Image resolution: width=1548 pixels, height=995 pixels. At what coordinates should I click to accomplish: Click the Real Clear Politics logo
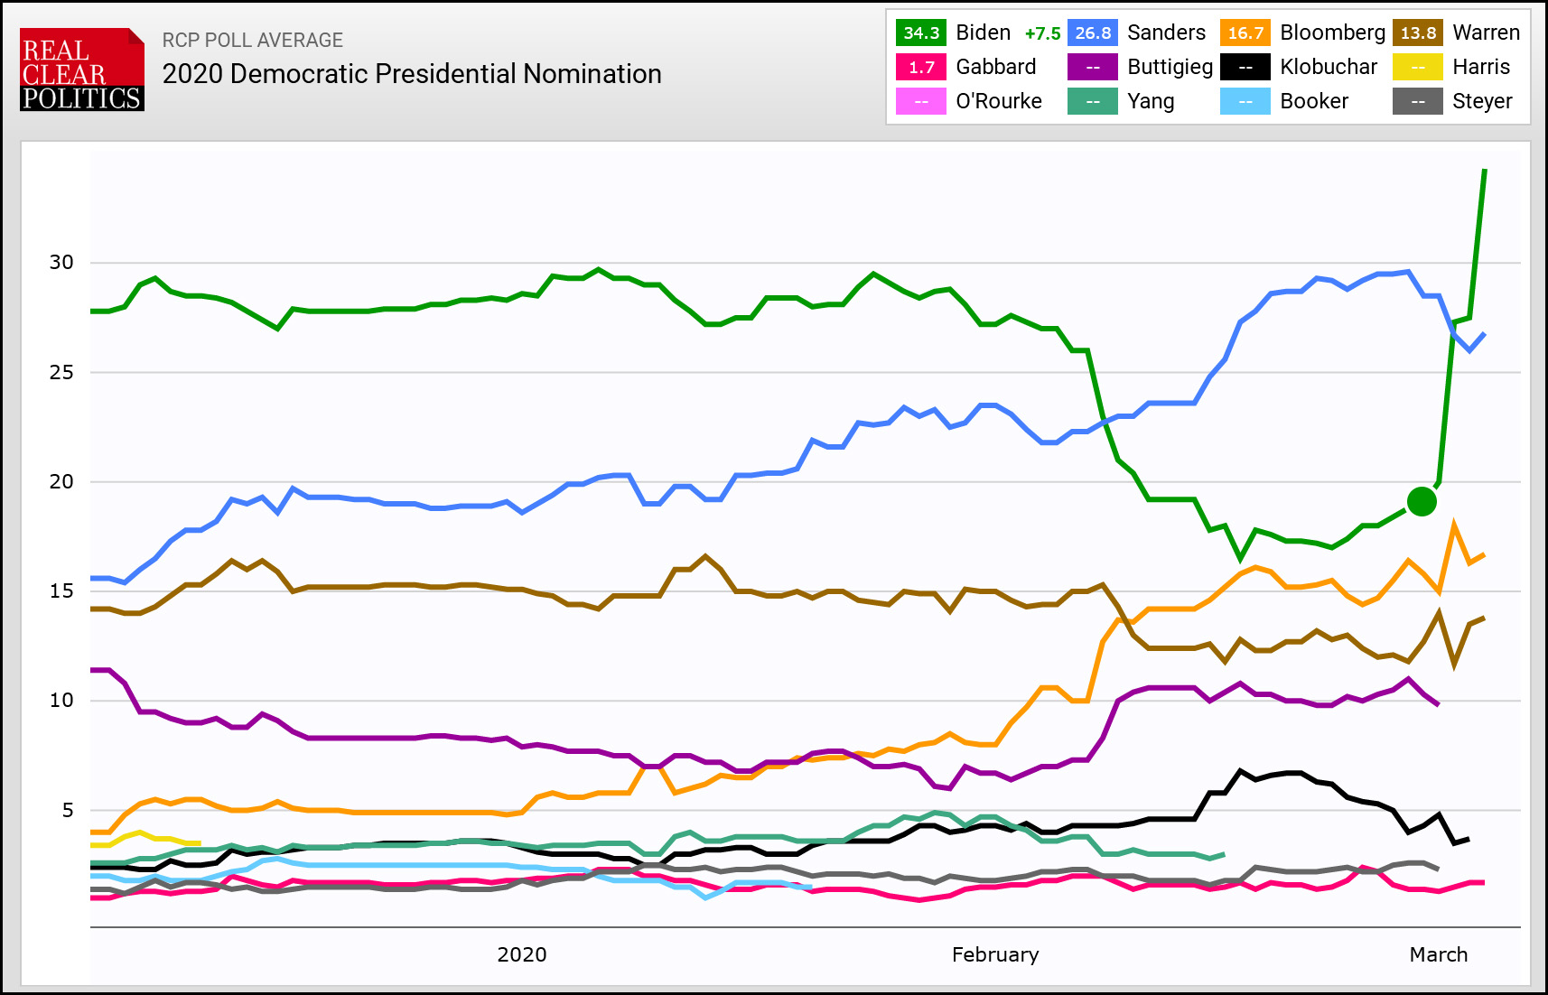pyautogui.click(x=82, y=70)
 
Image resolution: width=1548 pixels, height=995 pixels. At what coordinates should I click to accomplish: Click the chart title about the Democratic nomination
pyautogui.click(x=412, y=74)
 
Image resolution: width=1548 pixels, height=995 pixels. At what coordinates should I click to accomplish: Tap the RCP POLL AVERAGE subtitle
pyautogui.click(x=253, y=41)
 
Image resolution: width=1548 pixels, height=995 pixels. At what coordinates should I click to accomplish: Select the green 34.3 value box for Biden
pyautogui.click(x=920, y=33)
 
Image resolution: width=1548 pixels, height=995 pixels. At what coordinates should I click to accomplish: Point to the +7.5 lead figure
pyautogui.click(x=1042, y=33)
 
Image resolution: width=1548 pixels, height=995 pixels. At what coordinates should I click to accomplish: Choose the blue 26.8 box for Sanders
pyautogui.click(x=1092, y=33)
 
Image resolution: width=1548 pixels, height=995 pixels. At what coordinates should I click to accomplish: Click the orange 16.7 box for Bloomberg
pyautogui.click(x=1245, y=33)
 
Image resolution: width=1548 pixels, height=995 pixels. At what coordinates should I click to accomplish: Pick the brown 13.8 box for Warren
pyautogui.click(x=1417, y=33)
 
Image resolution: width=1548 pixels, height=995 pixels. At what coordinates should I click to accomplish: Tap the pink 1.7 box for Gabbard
pyautogui.click(x=920, y=67)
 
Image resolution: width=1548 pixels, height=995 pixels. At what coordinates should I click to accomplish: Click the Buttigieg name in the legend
pyautogui.click(x=1170, y=67)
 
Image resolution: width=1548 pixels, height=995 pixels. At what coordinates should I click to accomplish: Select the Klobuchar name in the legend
pyautogui.click(x=1329, y=67)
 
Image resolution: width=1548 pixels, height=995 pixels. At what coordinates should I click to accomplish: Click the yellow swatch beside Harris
pyautogui.click(x=1417, y=67)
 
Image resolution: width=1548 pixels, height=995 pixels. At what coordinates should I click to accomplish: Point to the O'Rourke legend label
pyautogui.click(x=999, y=101)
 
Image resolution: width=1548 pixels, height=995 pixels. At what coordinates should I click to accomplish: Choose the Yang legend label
pyautogui.click(x=1151, y=101)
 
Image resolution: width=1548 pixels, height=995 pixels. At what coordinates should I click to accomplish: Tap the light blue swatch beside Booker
pyautogui.click(x=1245, y=101)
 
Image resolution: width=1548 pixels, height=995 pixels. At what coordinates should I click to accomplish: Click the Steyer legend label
pyautogui.click(x=1482, y=101)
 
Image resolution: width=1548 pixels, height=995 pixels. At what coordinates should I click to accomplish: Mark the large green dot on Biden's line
pyautogui.click(x=1422, y=501)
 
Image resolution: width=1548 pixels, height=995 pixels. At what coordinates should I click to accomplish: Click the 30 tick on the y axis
pyautogui.click(x=61, y=263)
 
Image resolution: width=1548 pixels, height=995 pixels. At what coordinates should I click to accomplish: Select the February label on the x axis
pyautogui.click(x=995, y=955)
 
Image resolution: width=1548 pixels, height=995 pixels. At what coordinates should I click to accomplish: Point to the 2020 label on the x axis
pyautogui.click(x=522, y=955)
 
